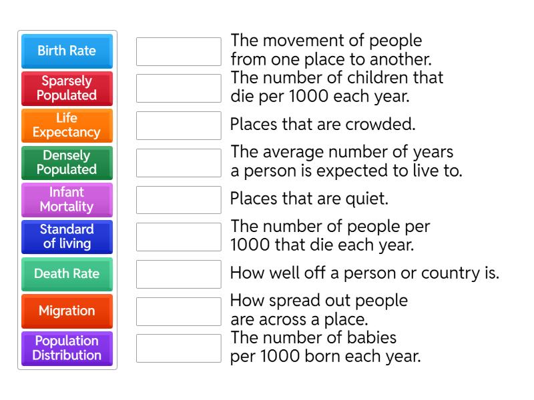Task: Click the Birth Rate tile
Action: click(67, 51)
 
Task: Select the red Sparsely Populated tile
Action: click(67, 88)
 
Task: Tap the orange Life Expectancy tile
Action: click(67, 125)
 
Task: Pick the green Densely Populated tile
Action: click(67, 163)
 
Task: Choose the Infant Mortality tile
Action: click(67, 199)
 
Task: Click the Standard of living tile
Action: click(67, 237)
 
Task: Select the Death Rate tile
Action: click(67, 273)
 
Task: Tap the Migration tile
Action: click(67, 311)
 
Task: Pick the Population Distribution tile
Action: click(67, 348)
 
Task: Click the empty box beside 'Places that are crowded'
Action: click(178, 125)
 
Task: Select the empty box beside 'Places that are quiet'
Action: click(178, 199)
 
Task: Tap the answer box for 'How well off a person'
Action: click(178, 273)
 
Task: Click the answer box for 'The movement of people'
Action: click(178, 51)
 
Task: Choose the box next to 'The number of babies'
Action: click(178, 348)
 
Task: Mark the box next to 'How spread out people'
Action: click(178, 311)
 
